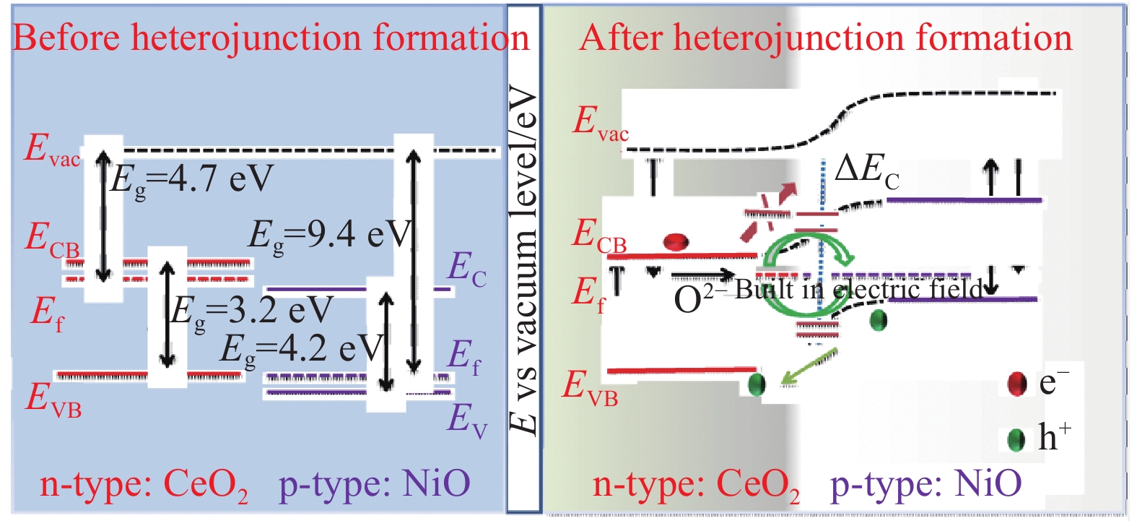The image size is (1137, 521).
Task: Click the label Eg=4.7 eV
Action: click(x=191, y=178)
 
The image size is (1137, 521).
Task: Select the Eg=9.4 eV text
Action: click(x=329, y=235)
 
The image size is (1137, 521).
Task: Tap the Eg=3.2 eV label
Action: click(x=251, y=311)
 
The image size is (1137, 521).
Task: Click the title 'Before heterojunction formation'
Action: click(x=271, y=38)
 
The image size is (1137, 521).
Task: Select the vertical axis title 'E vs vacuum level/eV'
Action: click(x=523, y=260)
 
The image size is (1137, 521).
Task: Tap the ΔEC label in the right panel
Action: click(x=866, y=172)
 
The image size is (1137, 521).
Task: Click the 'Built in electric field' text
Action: click(x=859, y=289)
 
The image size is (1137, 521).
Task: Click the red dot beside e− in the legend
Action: click(x=1017, y=384)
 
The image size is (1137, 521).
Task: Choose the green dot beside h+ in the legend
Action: click(x=1016, y=439)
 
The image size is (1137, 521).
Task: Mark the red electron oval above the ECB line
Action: click(x=676, y=242)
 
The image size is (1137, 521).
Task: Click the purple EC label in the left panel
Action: click(x=466, y=268)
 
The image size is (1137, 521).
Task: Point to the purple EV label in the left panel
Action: click(x=466, y=420)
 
